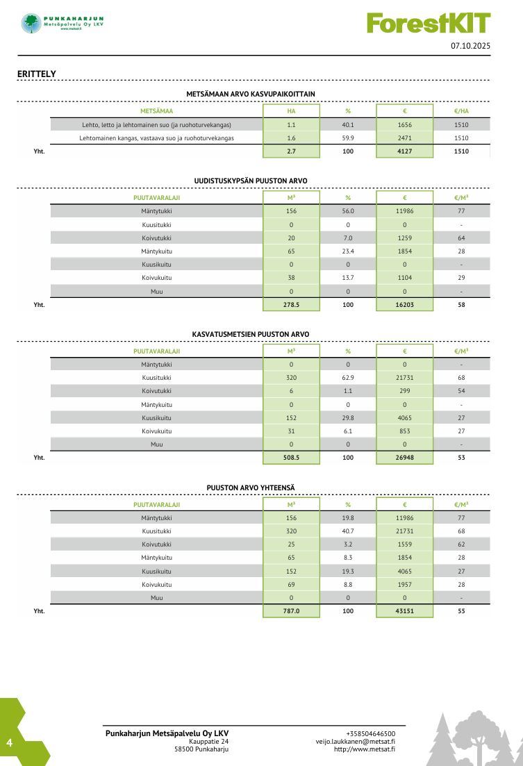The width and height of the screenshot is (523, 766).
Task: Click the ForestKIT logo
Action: (429, 24)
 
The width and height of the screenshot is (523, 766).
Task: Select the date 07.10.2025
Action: (470, 46)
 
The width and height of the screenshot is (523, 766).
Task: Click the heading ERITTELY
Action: (37, 74)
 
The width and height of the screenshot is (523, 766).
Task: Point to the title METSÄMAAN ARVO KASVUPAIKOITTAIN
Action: (251, 94)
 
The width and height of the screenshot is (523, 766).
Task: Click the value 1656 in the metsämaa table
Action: (405, 125)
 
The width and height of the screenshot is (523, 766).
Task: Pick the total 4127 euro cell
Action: (405, 151)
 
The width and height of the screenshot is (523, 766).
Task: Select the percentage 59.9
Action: (348, 138)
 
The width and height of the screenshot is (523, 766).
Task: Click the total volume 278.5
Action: (291, 305)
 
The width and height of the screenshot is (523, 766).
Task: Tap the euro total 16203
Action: (405, 305)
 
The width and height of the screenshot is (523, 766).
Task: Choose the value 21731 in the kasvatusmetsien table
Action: (405, 378)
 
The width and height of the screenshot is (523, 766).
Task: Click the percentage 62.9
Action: (348, 378)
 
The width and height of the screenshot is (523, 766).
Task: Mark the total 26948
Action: (405, 458)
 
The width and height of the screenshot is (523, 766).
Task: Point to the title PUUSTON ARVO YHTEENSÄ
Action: (251, 488)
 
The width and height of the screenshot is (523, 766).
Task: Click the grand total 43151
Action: (405, 612)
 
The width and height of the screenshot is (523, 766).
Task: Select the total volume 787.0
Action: (291, 612)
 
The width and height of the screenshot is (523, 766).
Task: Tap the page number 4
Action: (10, 743)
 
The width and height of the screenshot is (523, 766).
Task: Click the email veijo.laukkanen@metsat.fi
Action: (356, 742)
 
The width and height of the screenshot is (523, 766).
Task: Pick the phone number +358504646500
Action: (370, 734)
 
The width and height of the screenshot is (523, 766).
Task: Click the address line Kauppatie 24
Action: (208, 742)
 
